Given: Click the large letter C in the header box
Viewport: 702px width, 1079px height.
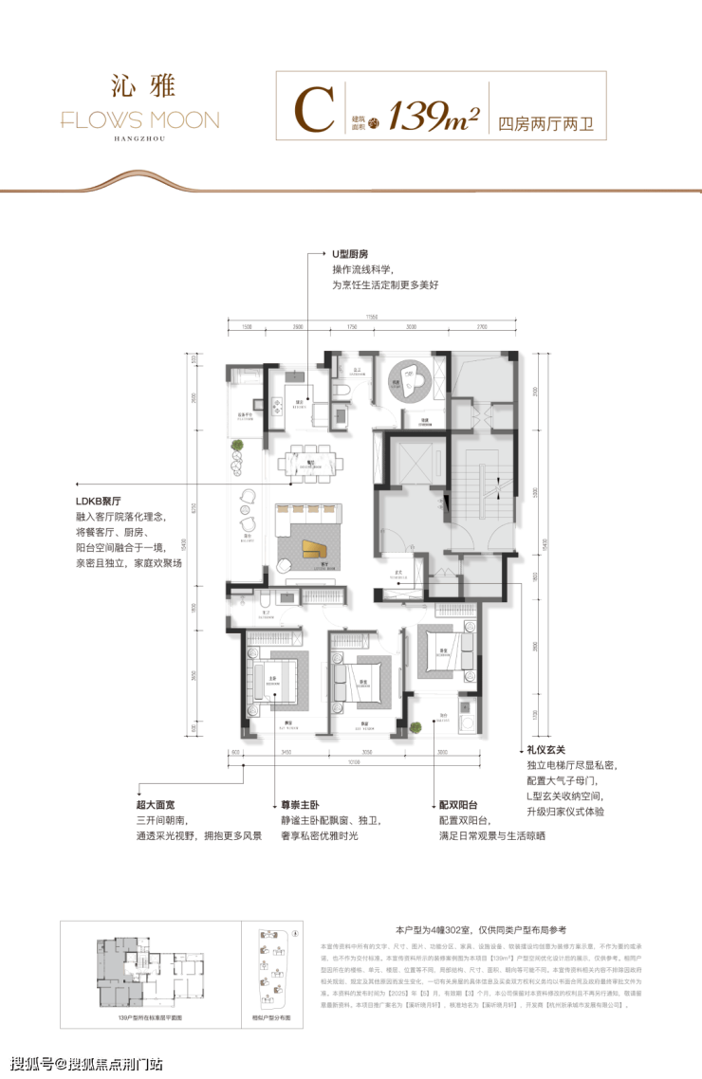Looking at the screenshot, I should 313,112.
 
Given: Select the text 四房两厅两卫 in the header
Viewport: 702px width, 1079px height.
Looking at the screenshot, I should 545,123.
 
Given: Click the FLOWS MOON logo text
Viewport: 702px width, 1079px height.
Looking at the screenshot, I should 139,120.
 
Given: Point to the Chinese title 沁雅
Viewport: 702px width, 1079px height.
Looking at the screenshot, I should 139,85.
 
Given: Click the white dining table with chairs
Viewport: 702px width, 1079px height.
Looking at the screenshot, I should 311,464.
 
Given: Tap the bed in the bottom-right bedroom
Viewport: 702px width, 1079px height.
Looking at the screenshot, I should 442,652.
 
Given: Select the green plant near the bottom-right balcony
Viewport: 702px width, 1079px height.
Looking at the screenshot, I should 416,726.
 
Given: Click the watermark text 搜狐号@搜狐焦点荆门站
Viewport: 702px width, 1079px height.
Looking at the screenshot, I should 85,1060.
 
